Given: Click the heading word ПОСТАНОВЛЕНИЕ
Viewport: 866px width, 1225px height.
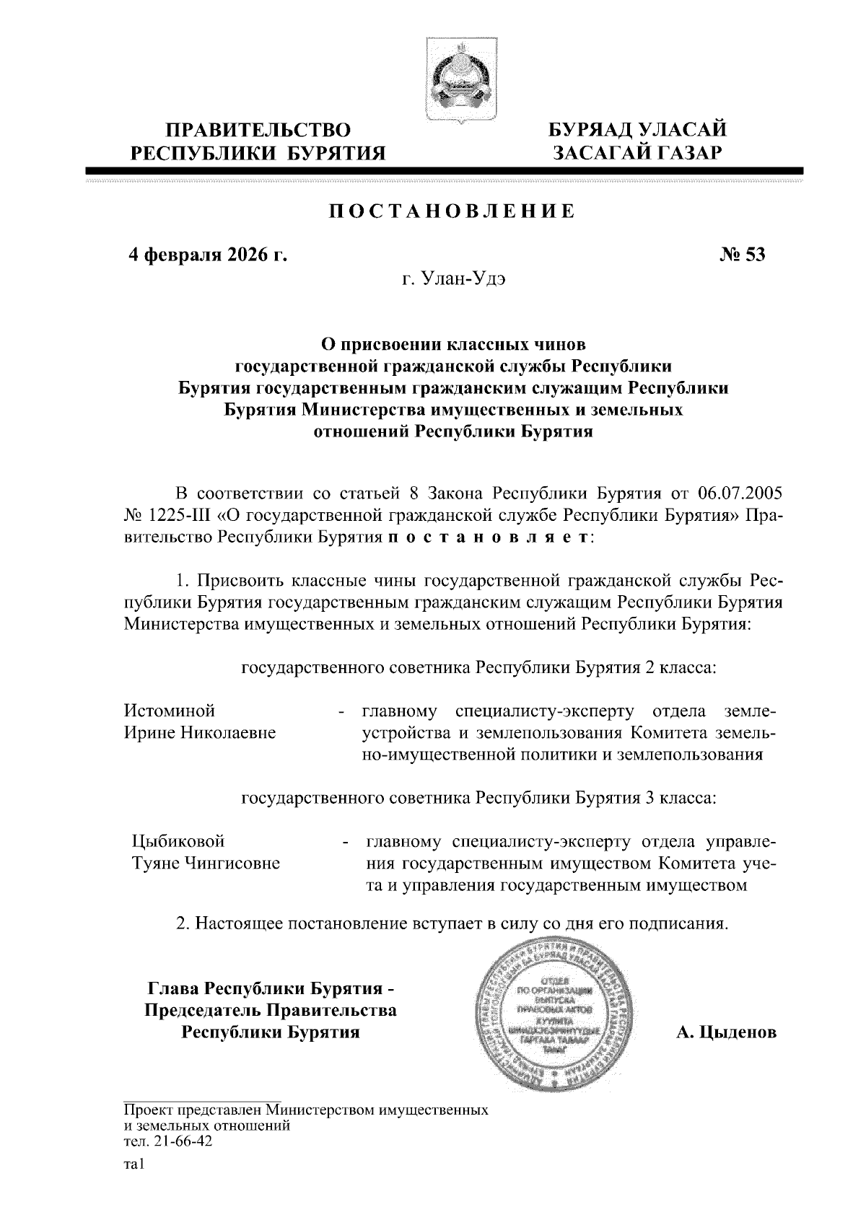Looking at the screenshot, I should click(452, 211).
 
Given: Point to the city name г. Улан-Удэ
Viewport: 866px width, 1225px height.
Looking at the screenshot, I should click(453, 279).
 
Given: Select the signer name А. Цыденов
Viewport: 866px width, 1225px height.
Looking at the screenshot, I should click(726, 1032).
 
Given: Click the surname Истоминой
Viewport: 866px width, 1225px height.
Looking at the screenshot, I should click(170, 711).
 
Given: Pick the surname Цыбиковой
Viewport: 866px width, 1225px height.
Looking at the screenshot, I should click(178, 841).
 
